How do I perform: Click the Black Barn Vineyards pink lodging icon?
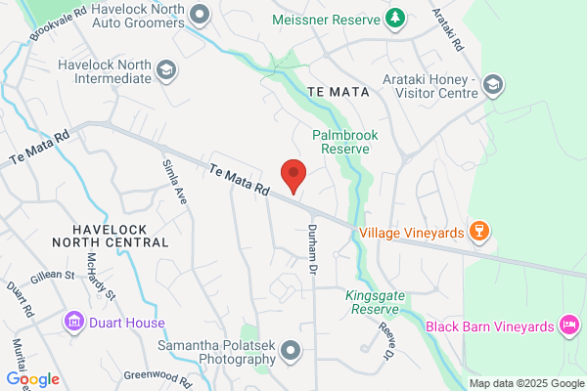(x=568, y=324)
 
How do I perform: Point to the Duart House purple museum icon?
(x=73, y=322)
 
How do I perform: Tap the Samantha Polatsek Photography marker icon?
(x=290, y=350)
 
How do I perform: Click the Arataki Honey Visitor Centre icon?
(x=494, y=87)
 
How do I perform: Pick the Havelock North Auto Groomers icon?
(x=201, y=15)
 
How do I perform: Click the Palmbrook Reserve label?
(x=339, y=142)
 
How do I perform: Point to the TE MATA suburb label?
(x=337, y=91)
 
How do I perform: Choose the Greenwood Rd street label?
(x=154, y=375)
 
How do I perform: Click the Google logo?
(x=32, y=379)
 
